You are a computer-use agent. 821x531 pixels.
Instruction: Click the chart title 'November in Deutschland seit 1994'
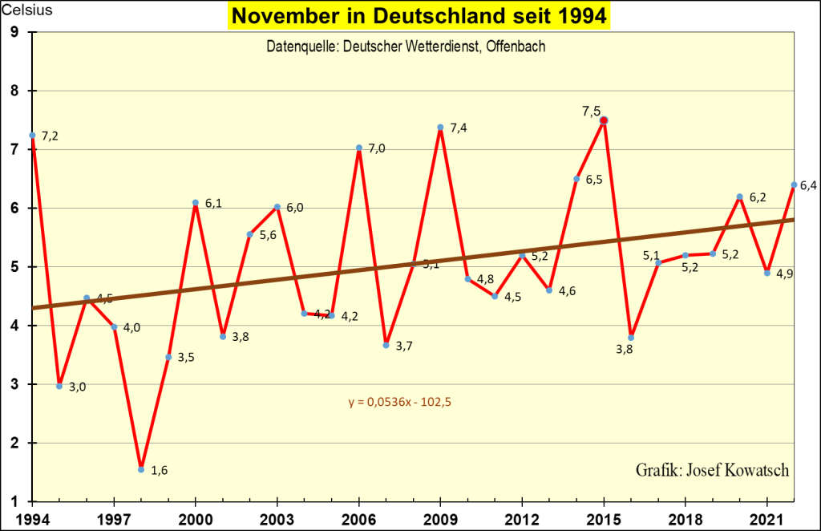(417, 17)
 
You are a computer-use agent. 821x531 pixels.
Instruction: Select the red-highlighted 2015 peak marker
(604, 120)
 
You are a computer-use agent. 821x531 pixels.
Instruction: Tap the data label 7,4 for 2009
(459, 128)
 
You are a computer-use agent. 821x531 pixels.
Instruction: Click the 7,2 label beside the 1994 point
(50, 136)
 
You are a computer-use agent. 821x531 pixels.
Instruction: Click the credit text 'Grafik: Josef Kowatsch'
(712, 470)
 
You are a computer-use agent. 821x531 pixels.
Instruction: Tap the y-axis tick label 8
(14, 91)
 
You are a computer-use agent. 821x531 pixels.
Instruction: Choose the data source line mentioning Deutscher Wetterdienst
(406, 47)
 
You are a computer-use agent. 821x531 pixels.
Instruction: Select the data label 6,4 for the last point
(807, 187)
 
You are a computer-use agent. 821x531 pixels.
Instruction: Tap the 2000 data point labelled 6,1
(196, 202)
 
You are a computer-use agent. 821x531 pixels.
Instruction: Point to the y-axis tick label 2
(14, 444)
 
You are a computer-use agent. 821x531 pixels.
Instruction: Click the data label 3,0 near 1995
(77, 387)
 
